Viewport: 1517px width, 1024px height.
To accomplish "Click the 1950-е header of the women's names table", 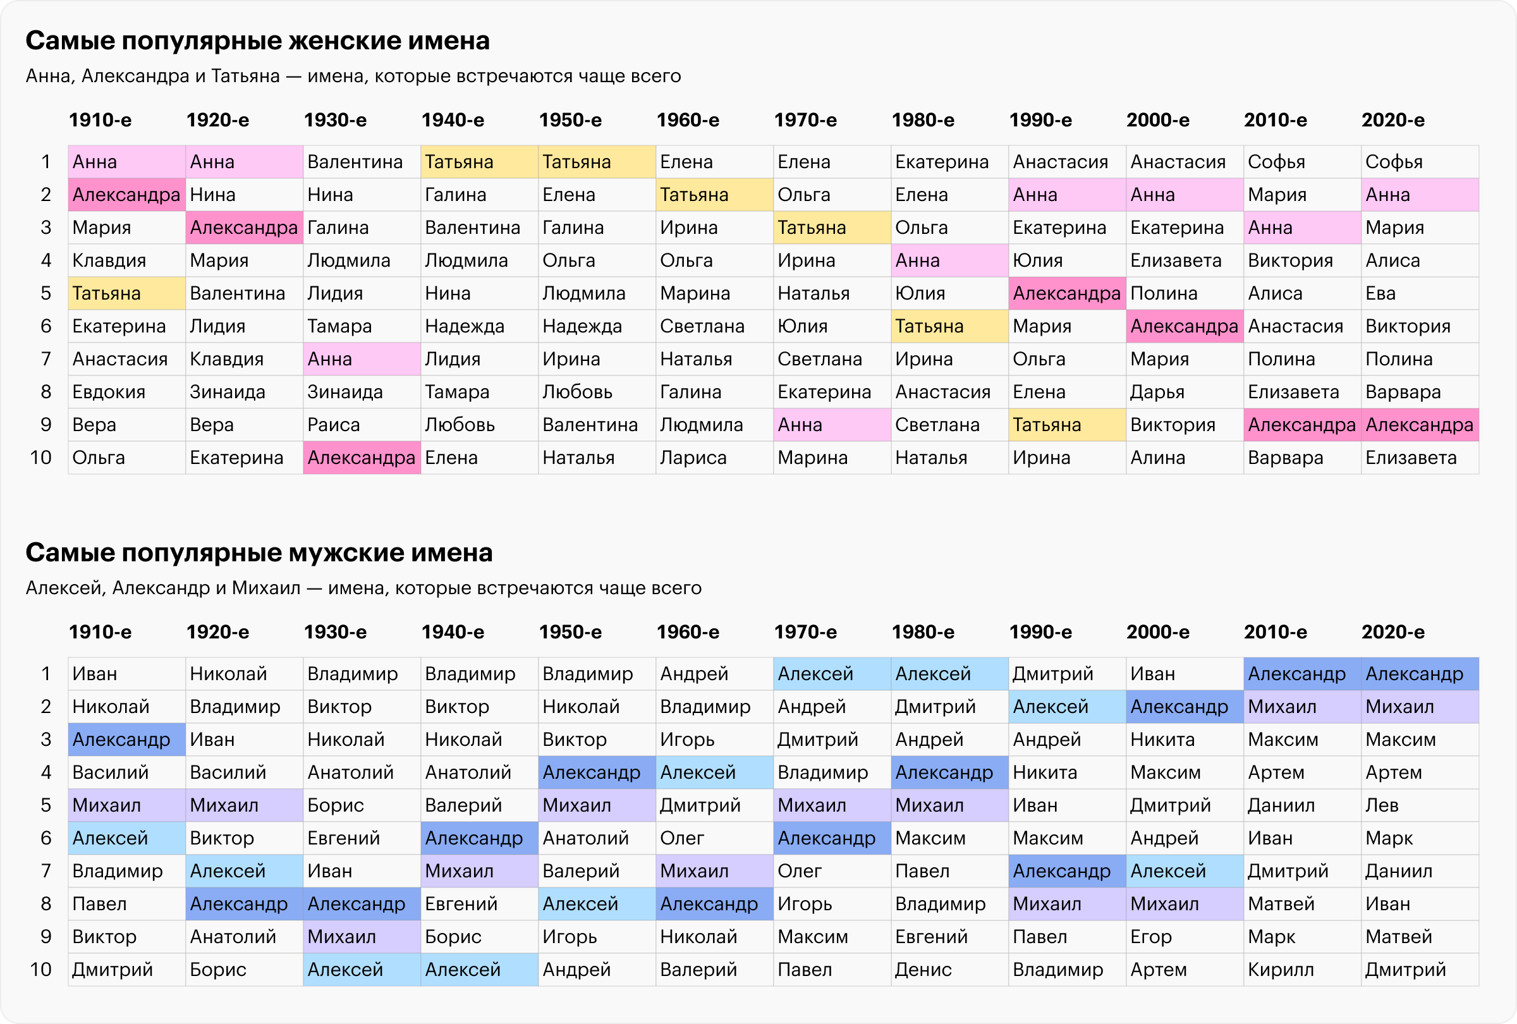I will coord(571,120).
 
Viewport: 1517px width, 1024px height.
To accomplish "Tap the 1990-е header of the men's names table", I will coord(1040,631).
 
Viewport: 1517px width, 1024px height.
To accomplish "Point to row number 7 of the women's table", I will coord(46,359).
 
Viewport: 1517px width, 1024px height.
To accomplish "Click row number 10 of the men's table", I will coord(40,969).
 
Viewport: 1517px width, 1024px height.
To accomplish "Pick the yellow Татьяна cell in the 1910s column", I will coord(126,293).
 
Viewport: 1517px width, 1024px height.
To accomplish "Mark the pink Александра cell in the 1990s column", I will coord(1066,293).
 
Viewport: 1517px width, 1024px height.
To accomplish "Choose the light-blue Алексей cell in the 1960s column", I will coord(714,772).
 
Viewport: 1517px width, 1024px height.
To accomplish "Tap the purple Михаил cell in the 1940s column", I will coord(479,870).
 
